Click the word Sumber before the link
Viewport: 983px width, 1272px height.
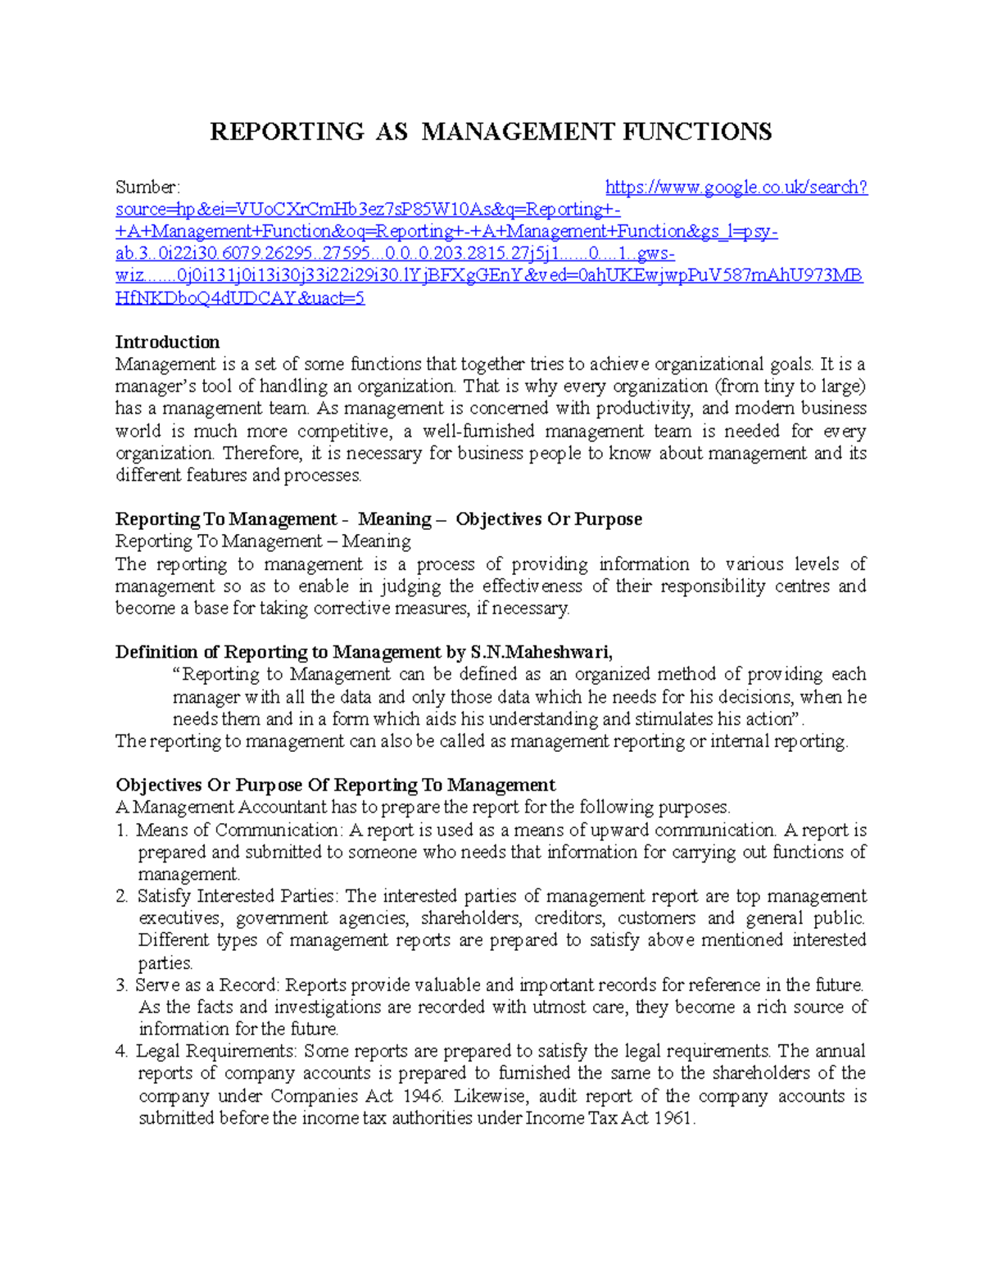pos(146,188)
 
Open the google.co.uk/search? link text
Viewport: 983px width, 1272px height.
pos(736,188)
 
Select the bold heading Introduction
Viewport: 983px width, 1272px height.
pos(167,342)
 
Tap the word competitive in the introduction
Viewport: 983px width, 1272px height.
pos(343,432)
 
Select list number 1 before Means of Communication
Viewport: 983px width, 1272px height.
pos(121,831)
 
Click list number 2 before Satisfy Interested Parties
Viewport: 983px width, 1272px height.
pos(121,897)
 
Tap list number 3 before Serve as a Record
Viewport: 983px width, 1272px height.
pos(121,985)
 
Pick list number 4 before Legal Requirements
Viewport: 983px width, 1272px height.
pos(121,1052)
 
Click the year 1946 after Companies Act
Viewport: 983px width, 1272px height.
pos(422,1097)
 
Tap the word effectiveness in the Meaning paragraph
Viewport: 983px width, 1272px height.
pos(532,587)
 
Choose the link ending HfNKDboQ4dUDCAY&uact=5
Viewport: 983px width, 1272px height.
pos(240,299)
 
